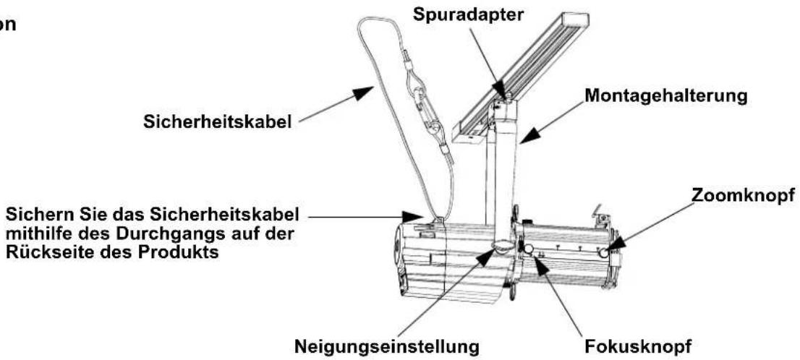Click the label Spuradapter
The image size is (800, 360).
coord(468,14)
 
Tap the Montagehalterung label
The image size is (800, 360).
coord(665,96)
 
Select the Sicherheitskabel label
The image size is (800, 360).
coord(218,122)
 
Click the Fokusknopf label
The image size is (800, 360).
coord(638,347)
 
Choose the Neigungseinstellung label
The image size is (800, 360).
coord(387,347)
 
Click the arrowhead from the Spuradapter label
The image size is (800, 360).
coord(501,90)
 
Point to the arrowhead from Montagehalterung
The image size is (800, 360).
coord(530,134)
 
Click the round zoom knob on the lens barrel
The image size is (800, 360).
coord(604,252)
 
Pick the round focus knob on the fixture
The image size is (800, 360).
coord(529,249)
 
